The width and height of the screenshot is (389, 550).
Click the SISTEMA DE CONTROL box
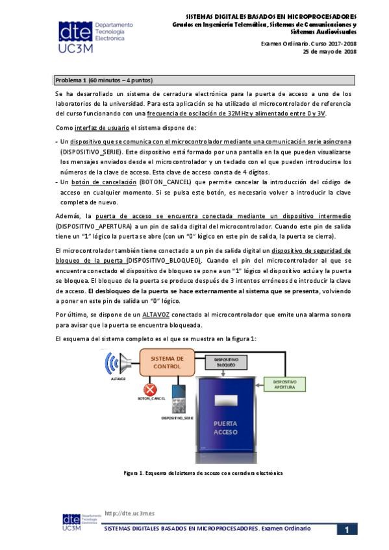tap(167, 362)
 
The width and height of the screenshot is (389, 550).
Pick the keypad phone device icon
tap(177, 400)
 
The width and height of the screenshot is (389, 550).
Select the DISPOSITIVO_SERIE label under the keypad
tap(177, 419)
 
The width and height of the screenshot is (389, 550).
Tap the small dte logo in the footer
tap(71, 521)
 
